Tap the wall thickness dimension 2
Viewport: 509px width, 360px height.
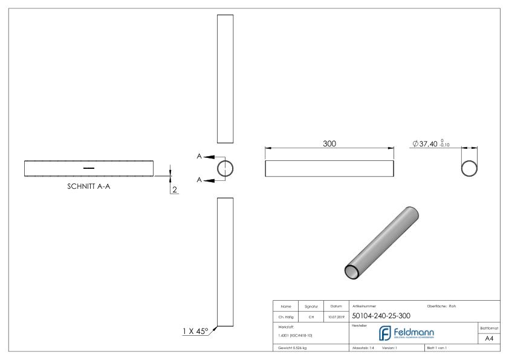175,190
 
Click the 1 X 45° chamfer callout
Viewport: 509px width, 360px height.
195,331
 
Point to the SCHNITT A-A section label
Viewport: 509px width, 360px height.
88,186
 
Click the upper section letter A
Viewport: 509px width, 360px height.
199,157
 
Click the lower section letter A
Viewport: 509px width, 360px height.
199,180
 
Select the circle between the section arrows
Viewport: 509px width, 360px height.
225,168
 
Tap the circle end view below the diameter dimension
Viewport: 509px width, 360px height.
469,168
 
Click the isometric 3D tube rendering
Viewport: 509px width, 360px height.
382,242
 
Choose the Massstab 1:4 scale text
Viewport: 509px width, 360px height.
363,349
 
